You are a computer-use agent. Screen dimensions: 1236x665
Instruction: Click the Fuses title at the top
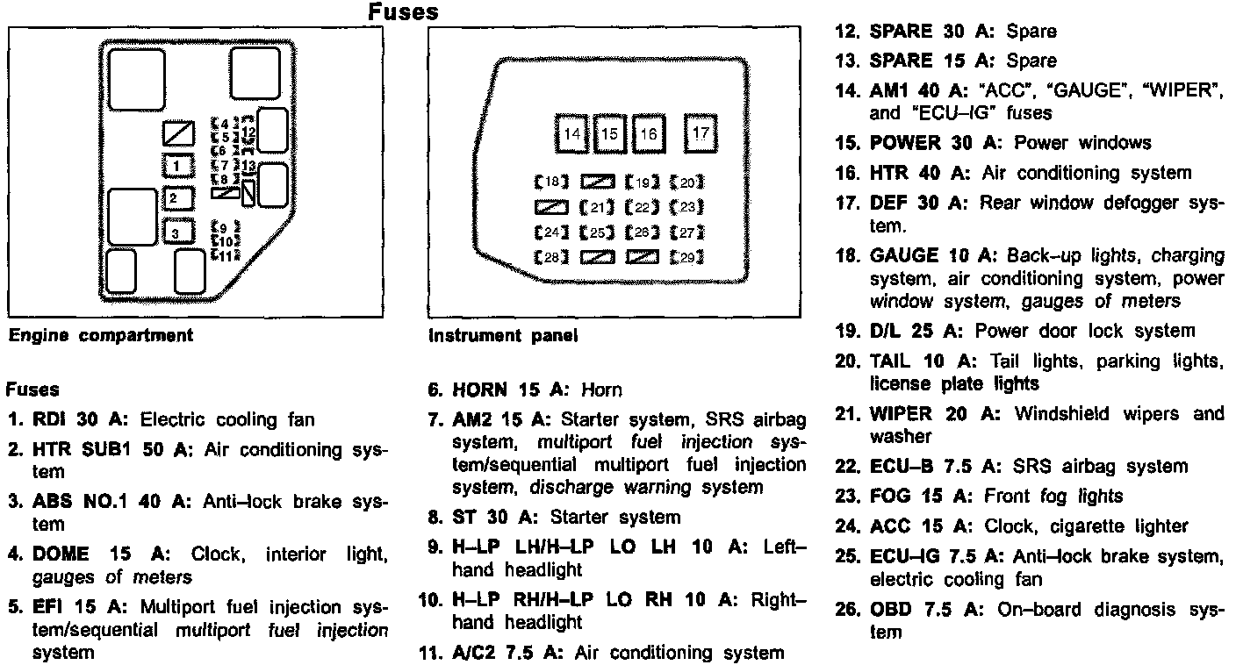click(x=403, y=12)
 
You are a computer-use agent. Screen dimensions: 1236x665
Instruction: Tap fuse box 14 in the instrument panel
click(x=572, y=134)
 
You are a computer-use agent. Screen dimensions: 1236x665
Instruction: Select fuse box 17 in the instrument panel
click(x=701, y=133)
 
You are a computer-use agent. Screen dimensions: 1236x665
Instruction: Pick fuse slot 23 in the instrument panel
click(x=687, y=208)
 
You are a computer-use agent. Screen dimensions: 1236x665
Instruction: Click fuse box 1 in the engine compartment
click(x=178, y=165)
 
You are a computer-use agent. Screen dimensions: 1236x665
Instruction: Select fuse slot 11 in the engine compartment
click(x=226, y=255)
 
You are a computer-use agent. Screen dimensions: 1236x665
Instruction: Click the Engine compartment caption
click(x=100, y=335)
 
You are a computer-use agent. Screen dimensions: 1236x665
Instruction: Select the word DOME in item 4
click(x=59, y=554)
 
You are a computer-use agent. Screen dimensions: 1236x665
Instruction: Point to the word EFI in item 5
click(x=47, y=607)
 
